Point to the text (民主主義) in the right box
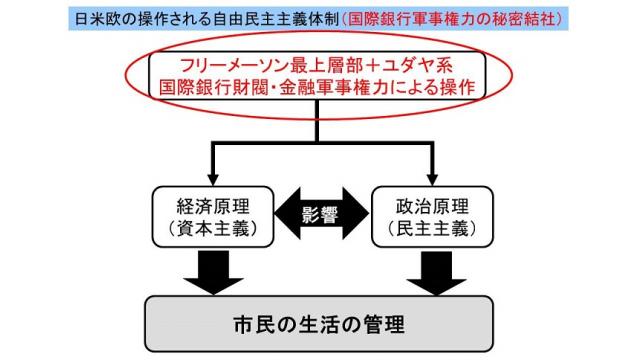432,231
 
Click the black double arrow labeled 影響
320,219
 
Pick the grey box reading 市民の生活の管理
320,326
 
